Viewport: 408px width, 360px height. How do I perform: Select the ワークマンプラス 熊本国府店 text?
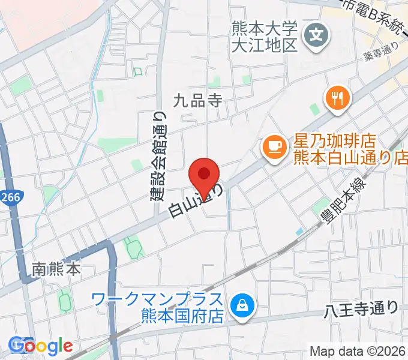[157, 307]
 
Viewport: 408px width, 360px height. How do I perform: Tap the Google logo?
[40, 346]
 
